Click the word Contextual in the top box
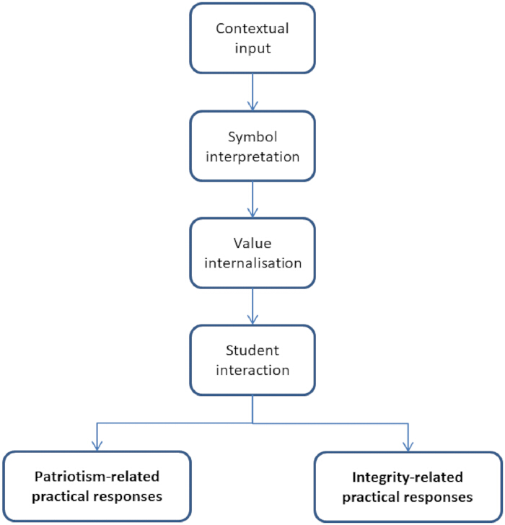tap(252, 28)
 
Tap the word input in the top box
tap(252, 48)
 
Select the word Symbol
tap(252, 137)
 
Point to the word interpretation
tap(252, 156)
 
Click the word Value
tap(252, 244)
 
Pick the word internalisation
tap(252, 263)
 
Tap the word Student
tap(252, 350)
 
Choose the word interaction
tap(252, 371)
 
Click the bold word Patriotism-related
tap(97, 477)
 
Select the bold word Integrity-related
tap(408, 478)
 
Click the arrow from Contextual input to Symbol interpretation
tap(252, 92)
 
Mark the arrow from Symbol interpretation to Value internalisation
tap(252, 199)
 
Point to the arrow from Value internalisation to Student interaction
tap(252, 306)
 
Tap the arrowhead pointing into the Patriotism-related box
tap(97, 446)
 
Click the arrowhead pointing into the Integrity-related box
tap(408, 446)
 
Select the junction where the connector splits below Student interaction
tap(252, 423)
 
